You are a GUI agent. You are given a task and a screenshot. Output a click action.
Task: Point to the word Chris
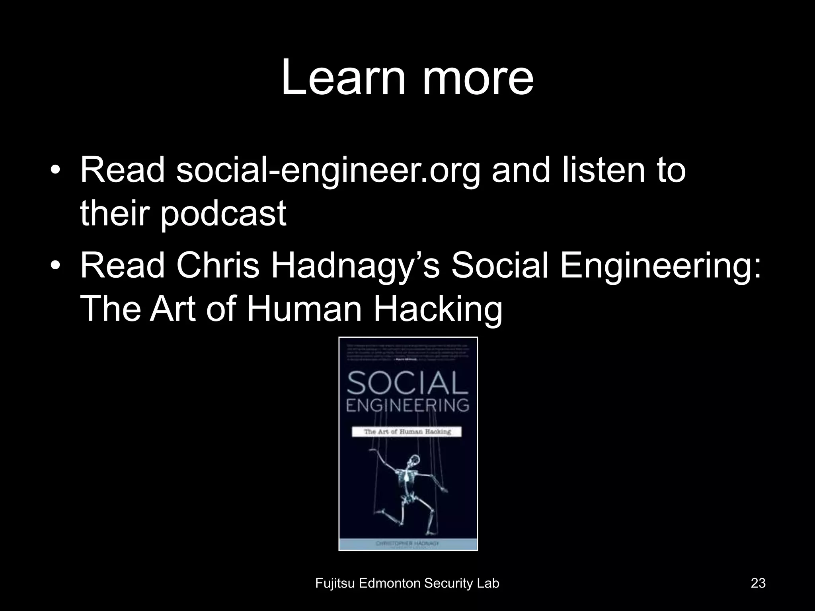pos(218,265)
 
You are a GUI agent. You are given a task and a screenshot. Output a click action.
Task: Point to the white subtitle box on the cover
pos(407,432)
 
